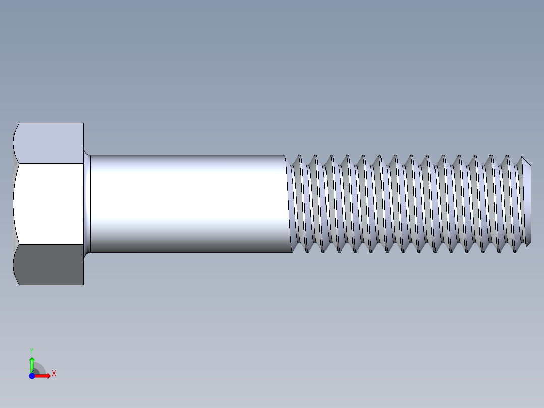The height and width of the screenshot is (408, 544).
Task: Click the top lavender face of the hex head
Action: [49, 142]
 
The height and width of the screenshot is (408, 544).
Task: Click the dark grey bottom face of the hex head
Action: [49, 265]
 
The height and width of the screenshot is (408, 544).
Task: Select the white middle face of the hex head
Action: [49, 204]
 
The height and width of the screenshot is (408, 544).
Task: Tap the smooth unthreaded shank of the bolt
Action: [187, 204]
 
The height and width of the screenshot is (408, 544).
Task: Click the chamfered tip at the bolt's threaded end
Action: [527, 204]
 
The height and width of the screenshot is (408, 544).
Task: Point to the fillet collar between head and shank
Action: [87, 204]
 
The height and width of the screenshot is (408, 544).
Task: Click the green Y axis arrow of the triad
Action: [32, 362]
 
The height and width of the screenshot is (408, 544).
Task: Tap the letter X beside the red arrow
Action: [53, 373]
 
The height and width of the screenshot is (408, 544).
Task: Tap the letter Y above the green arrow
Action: [32, 350]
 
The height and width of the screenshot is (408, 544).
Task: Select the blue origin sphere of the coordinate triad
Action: [32, 376]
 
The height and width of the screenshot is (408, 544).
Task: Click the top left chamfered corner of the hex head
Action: [16, 128]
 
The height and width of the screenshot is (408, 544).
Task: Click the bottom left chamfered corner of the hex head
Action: [16, 279]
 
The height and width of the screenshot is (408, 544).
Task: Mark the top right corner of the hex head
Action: [83, 123]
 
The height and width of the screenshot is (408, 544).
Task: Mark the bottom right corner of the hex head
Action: [83, 284]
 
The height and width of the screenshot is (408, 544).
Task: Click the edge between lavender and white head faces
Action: [49, 163]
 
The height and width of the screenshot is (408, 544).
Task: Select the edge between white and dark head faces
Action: [49, 245]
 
